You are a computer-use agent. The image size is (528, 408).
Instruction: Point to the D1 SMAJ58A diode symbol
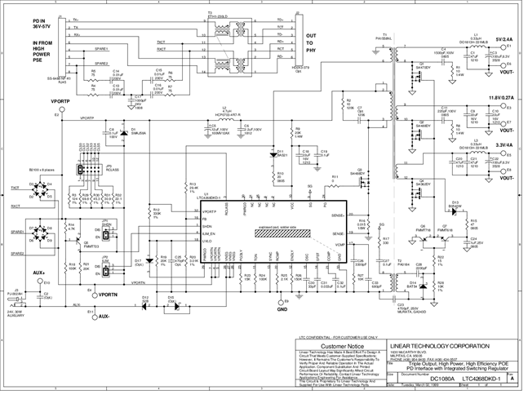(x=123, y=133)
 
